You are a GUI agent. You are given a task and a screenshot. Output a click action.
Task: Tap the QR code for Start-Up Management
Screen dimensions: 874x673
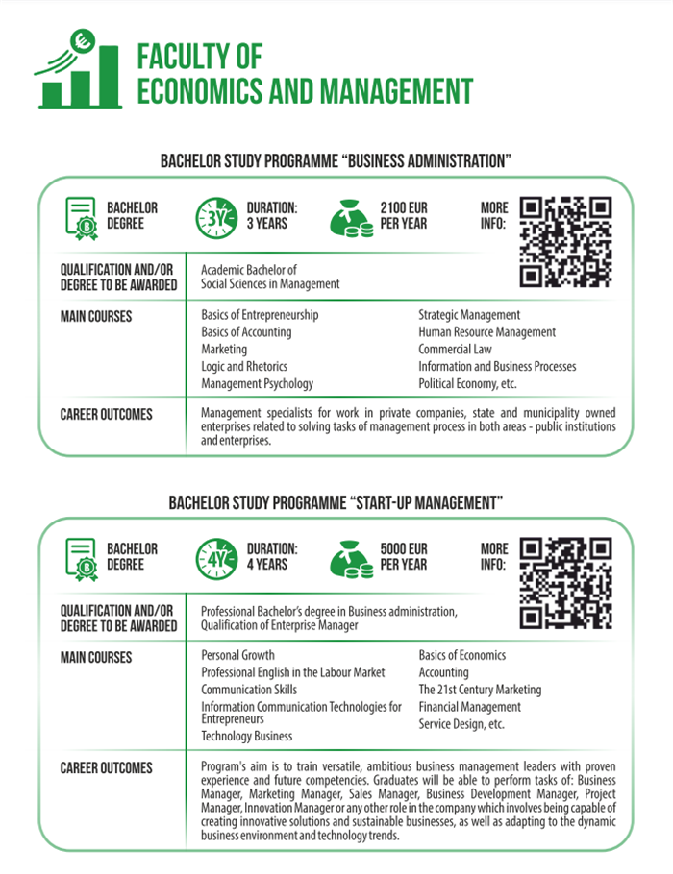[x=565, y=583]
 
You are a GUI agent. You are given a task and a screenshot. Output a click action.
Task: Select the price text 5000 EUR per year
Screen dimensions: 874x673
[x=404, y=557]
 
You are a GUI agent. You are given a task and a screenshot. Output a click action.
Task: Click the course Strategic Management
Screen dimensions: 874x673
[x=469, y=315]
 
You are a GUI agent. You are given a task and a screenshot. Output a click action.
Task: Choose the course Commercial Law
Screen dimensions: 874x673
[x=458, y=350]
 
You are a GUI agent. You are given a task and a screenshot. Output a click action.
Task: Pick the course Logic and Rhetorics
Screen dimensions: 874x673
[x=244, y=367]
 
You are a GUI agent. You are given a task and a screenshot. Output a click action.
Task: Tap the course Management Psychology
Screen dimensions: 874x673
[x=257, y=384]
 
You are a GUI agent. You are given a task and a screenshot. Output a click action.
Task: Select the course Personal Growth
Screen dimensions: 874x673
[x=237, y=656]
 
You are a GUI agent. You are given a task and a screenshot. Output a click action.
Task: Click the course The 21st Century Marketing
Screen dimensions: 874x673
[x=480, y=690]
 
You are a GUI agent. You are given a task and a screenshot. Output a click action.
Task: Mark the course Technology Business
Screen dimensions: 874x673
[x=246, y=736]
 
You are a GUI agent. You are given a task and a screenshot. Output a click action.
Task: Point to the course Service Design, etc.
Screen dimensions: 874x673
[x=461, y=724]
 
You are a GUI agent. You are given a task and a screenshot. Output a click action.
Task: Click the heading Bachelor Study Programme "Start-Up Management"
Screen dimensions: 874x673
[x=336, y=502]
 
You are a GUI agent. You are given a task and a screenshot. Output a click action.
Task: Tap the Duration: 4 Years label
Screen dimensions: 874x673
[x=272, y=557]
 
